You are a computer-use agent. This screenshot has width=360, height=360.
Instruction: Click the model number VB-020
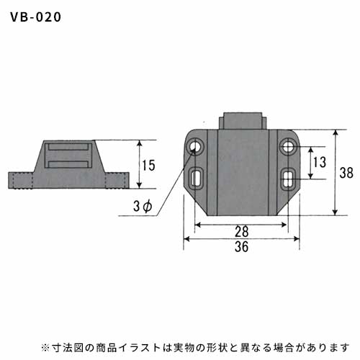tap(35, 17)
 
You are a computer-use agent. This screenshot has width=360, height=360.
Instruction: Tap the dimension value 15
tap(148, 166)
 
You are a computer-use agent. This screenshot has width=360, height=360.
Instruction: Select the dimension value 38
tap(346, 173)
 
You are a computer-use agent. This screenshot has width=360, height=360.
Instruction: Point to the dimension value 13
tap(320, 162)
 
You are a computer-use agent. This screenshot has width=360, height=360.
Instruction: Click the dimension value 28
tap(241, 232)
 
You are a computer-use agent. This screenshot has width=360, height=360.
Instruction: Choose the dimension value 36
tap(241, 247)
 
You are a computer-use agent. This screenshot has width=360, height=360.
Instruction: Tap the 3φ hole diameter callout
tap(143, 207)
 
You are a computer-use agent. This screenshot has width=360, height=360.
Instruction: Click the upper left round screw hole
tap(195, 146)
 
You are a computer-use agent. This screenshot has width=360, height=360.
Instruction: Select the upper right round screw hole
tap(288, 146)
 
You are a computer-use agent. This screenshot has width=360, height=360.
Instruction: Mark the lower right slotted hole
tap(288, 179)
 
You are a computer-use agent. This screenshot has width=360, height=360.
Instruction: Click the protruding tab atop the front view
tap(243, 121)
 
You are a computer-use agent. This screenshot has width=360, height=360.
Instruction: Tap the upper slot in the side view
tap(68, 147)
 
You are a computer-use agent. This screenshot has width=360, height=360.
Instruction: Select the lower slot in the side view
tap(68, 164)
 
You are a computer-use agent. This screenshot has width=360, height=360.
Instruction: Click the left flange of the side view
tap(21, 180)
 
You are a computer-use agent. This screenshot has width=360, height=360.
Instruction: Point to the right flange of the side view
tap(117, 180)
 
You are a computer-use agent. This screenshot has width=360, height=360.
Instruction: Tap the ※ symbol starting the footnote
tap(45, 347)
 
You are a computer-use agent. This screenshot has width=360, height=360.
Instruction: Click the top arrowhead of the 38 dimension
tap(336, 133)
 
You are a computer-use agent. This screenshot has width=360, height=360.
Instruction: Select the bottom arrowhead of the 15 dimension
tap(140, 185)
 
